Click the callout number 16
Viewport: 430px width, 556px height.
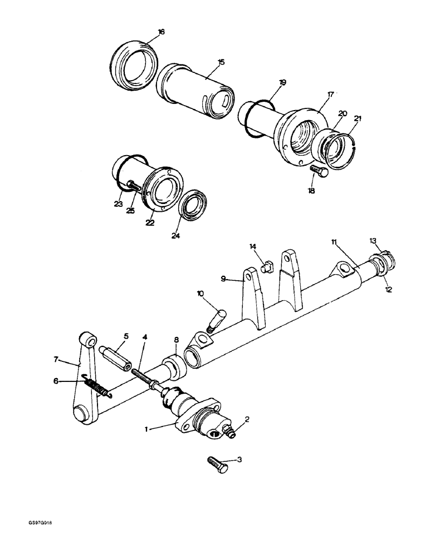[x=162, y=32]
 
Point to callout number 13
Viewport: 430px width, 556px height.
[x=373, y=240]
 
